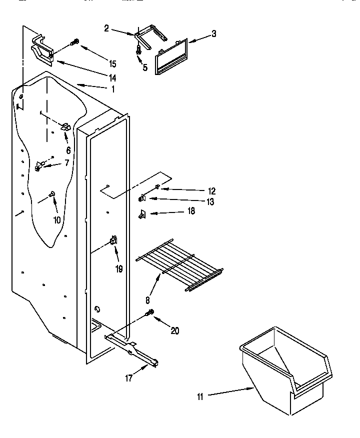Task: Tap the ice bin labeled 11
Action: click(x=284, y=370)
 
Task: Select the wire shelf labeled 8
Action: click(x=180, y=263)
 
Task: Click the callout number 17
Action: click(x=129, y=378)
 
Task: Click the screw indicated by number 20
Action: click(x=149, y=313)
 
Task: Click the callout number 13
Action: click(x=209, y=201)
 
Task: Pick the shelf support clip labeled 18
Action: click(x=142, y=214)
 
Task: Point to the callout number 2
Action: click(x=106, y=28)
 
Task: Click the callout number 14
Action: click(x=112, y=77)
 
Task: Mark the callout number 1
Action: click(x=112, y=89)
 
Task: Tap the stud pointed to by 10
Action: click(x=51, y=194)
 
